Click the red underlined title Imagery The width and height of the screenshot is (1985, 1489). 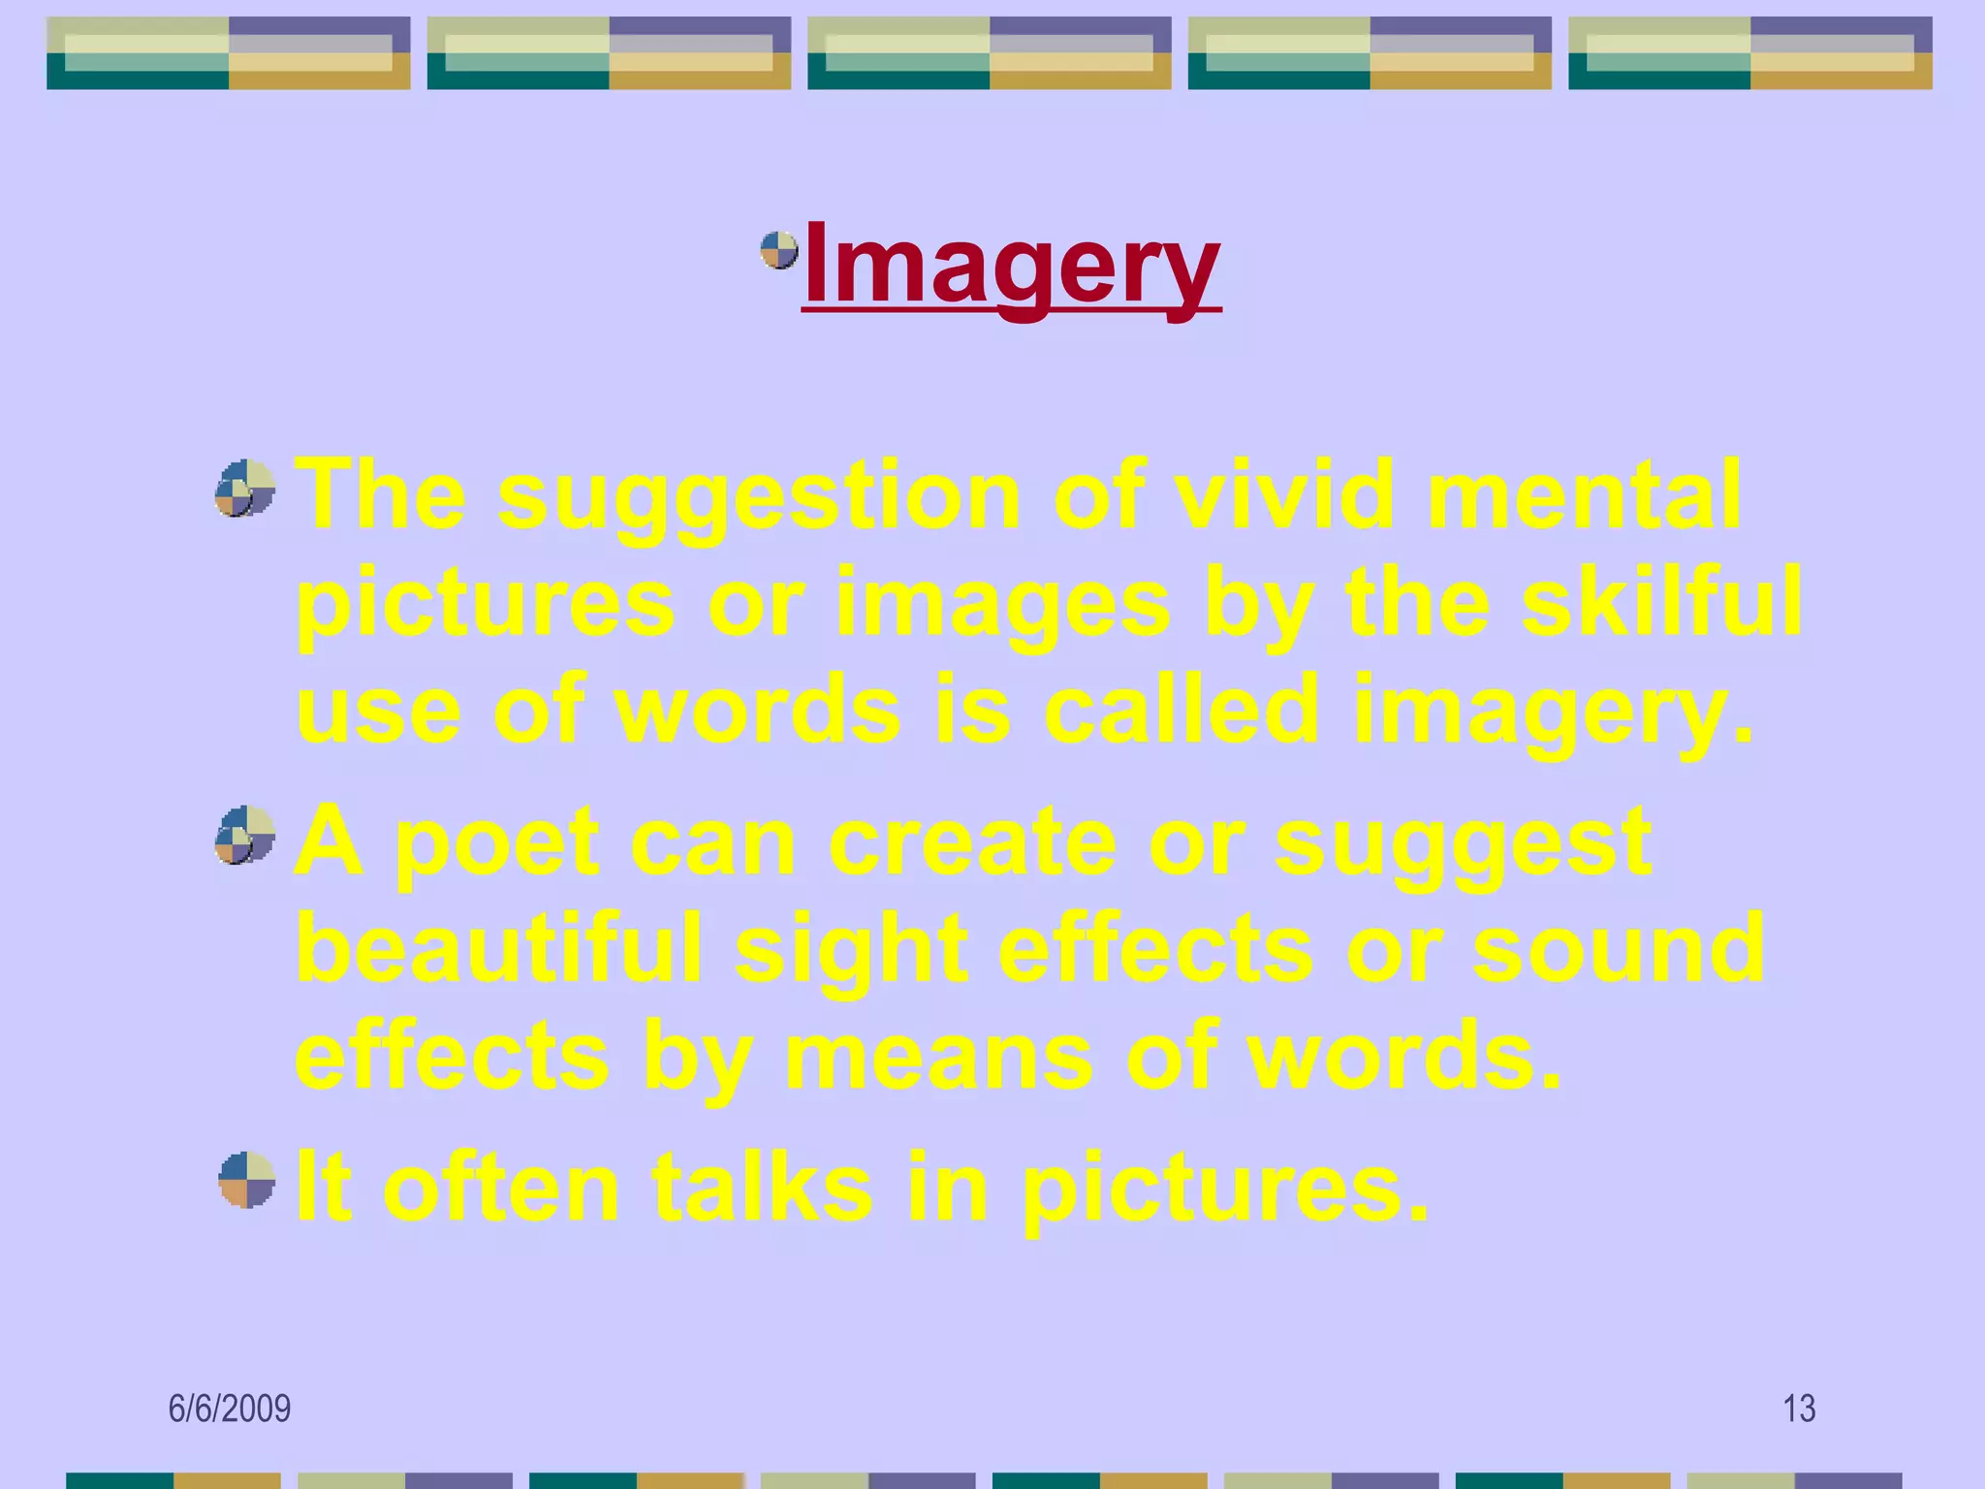coord(1011,265)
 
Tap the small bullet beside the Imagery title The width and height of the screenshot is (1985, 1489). coord(778,250)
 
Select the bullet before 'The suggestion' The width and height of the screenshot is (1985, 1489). coord(245,488)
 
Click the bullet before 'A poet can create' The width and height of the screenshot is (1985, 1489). coord(245,834)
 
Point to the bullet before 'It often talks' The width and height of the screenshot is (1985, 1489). coord(247,1179)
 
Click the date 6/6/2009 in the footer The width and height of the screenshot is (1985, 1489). coord(230,1408)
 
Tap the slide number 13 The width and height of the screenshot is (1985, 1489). coord(1799,1408)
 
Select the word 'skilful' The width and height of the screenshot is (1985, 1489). coord(1660,603)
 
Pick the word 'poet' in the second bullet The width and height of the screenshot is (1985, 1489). coord(497,843)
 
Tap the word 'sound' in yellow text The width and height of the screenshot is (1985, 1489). coord(1618,948)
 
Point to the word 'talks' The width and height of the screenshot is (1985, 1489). coord(762,1187)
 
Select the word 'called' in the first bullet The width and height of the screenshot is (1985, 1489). coord(1181,710)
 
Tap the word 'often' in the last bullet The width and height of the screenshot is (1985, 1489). coord(500,1187)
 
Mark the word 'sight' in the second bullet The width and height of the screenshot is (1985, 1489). coord(851,950)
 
